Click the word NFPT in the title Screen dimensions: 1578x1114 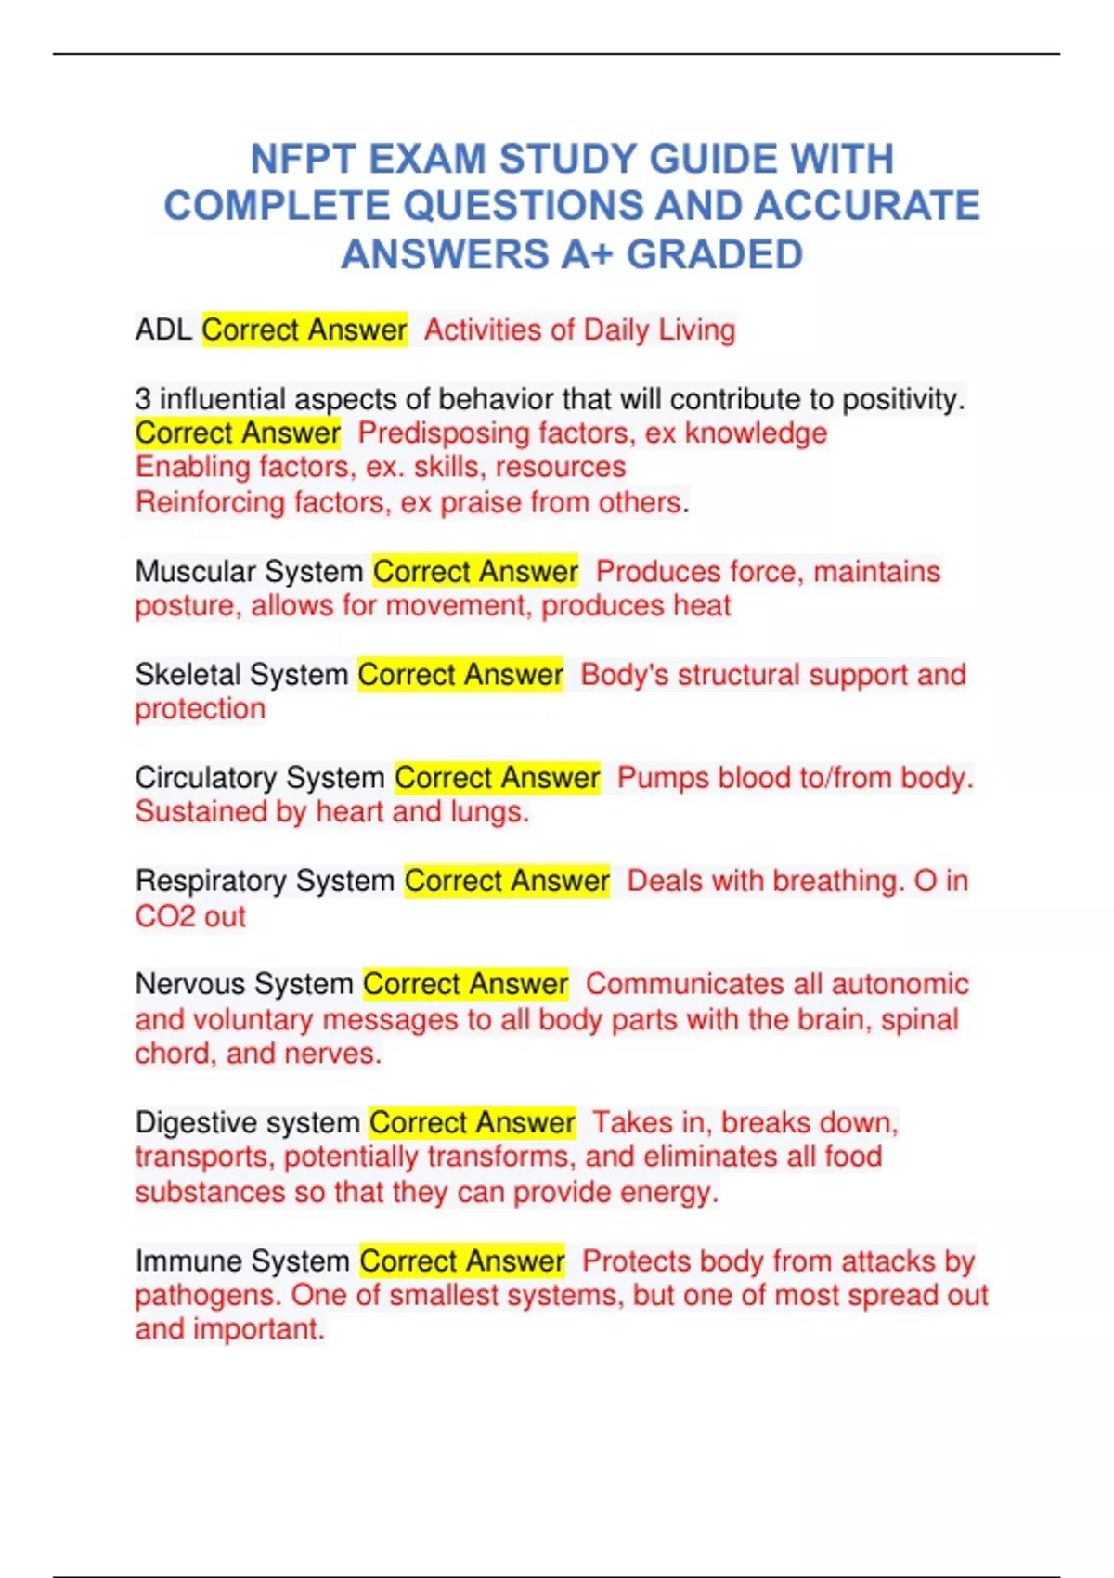[302, 159]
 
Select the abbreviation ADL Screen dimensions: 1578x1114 [163, 330]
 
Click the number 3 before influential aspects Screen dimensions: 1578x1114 [143, 399]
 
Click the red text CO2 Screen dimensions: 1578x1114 [164, 916]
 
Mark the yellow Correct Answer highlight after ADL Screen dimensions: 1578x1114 [304, 330]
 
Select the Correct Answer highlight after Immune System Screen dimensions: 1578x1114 [462, 1261]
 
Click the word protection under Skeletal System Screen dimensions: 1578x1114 [200, 709]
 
